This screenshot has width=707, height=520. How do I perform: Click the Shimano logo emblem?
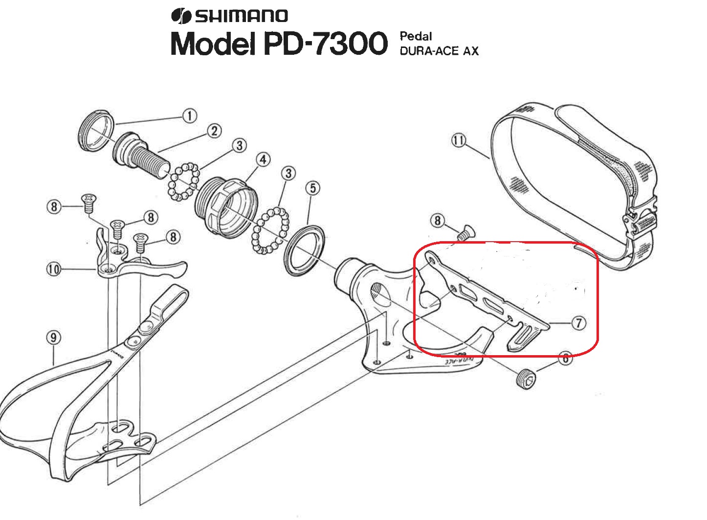[x=181, y=16]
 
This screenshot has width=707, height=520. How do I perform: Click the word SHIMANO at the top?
[x=242, y=16]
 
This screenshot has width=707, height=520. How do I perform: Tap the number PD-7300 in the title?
[x=326, y=43]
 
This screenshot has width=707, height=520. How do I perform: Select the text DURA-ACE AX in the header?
[x=439, y=51]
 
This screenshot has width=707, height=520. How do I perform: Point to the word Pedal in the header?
[x=416, y=36]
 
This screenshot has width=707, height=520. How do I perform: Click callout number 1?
[x=189, y=116]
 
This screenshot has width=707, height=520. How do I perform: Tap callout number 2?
[x=214, y=131]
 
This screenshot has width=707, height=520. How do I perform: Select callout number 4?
[x=263, y=159]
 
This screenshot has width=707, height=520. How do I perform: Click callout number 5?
[x=312, y=188]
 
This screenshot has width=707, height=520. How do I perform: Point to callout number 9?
[x=53, y=338]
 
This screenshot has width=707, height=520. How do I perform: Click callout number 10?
[x=53, y=270]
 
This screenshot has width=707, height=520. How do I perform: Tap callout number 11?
[x=458, y=140]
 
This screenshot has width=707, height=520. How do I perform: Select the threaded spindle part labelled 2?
[x=141, y=155]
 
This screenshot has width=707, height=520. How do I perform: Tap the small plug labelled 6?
[x=526, y=378]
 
